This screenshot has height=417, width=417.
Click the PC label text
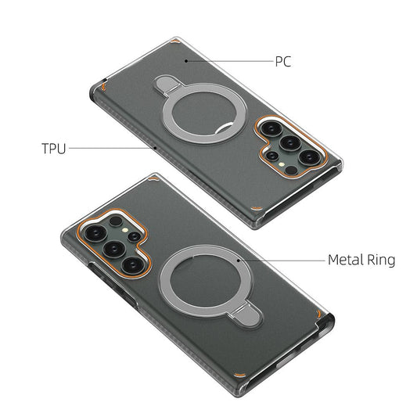(282, 61)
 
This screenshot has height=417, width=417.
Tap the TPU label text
(53, 146)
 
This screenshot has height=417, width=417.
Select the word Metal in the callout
(345, 259)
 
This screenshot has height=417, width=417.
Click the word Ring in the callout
(381, 259)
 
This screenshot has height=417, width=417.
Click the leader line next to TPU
(113, 146)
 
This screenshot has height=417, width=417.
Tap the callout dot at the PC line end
(184, 60)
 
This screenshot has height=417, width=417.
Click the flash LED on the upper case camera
(271, 156)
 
